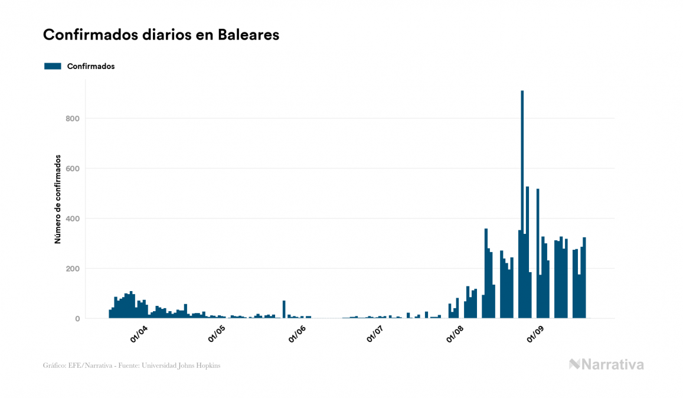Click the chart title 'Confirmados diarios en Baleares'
pyautogui.click(x=161, y=35)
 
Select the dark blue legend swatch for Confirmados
pyautogui.click(x=53, y=66)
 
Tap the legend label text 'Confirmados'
pyautogui.click(x=91, y=66)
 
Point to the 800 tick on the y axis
pyautogui.click(x=73, y=119)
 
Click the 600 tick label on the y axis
pyautogui.click(x=73, y=169)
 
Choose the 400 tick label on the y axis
pyautogui.click(x=73, y=219)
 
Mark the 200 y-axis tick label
pyautogui.click(x=73, y=269)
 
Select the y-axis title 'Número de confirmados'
pyautogui.click(x=58, y=199)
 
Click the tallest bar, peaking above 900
pyautogui.click(x=522, y=204)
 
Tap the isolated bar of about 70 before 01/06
pyautogui.click(x=284, y=310)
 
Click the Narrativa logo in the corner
pyautogui.click(x=606, y=364)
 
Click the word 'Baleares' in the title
pyautogui.click(x=249, y=35)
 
